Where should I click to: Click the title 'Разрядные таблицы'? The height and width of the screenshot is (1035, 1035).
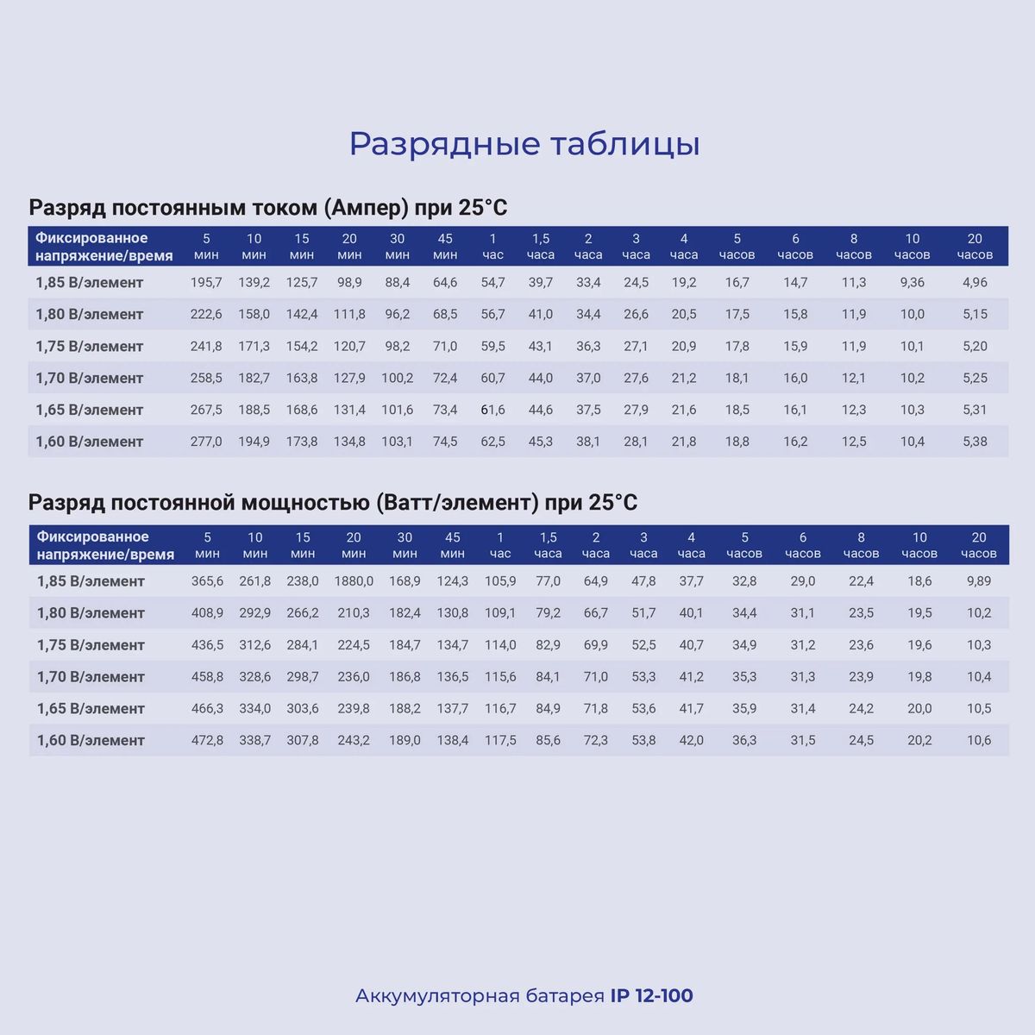click(524, 144)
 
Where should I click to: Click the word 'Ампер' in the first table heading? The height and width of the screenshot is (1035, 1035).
click(367, 208)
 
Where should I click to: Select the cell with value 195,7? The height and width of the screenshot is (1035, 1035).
click(206, 282)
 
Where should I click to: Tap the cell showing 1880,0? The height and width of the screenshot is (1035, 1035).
click(354, 581)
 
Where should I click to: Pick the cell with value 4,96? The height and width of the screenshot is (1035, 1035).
click(975, 282)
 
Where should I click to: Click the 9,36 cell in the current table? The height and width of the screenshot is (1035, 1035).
click(912, 282)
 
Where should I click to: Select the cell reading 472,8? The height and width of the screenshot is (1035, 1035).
click(207, 740)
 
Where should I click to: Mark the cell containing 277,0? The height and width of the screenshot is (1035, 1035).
click(206, 442)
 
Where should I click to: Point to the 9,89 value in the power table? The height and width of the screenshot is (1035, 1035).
click(979, 581)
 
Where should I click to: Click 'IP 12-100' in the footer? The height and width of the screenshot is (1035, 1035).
click(651, 996)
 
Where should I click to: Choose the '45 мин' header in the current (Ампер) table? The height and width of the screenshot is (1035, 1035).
click(445, 246)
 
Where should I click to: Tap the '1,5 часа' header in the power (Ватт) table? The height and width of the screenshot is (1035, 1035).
click(548, 545)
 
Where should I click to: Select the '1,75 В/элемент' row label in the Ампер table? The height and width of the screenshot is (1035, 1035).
click(89, 346)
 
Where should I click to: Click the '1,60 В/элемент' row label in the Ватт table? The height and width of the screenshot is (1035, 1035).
click(91, 740)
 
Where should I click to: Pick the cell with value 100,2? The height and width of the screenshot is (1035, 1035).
click(398, 378)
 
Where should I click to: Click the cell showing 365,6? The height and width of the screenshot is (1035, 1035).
click(207, 581)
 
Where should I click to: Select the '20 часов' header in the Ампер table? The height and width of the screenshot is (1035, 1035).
click(975, 246)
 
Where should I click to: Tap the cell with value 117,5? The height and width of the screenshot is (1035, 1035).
click(500, 740)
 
